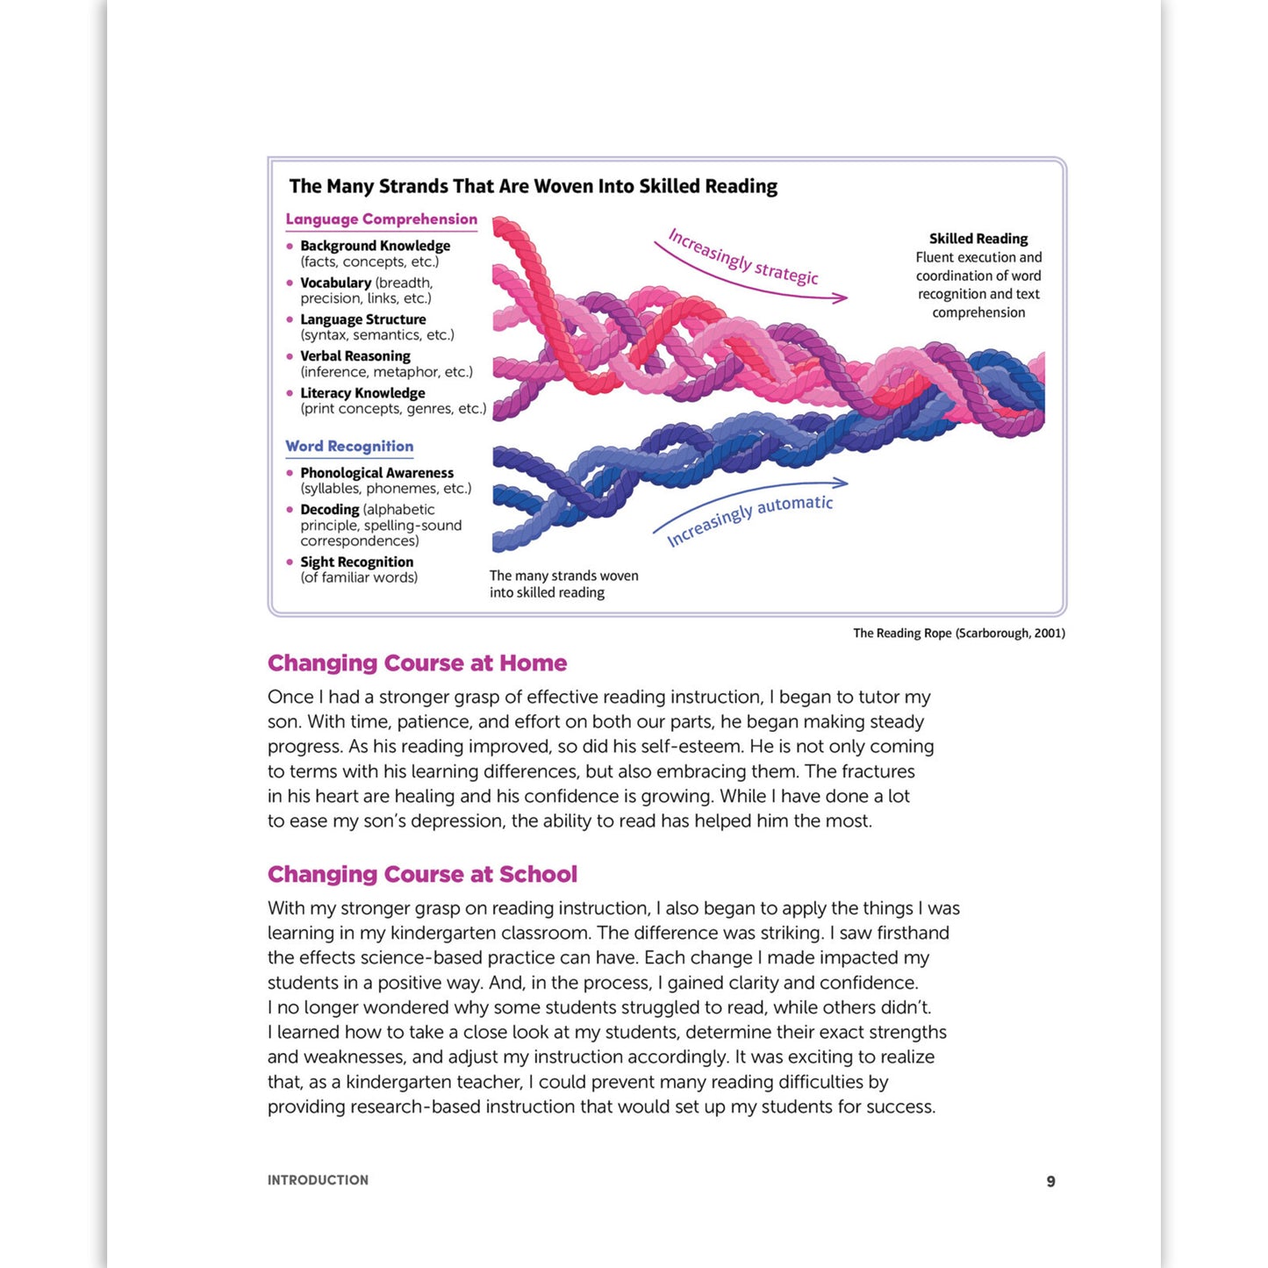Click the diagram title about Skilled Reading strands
pos(533,186)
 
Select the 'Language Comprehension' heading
pos(381,219)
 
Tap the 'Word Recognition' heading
pos(349,446)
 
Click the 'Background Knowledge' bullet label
pos(375,246)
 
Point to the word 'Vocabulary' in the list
pos(335,283)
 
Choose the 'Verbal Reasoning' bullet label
pos(355,356)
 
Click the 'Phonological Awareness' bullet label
pos(376,473)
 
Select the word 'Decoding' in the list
pos(329,510)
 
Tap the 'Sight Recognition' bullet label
pos(356,562)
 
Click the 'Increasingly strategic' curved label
pos(742,256)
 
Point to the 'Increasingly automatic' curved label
pos(749,519)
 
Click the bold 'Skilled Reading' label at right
pos(978,239)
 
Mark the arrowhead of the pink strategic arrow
pos(842,298)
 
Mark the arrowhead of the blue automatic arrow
pos(842,482)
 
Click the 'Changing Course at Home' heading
pos(417,663)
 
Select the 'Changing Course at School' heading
pos(422,875)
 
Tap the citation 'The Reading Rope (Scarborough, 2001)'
pos(958,634)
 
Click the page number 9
pos(1050,1181)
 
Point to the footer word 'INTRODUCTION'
pos(318,1180)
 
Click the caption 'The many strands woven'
pos(563,577)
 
